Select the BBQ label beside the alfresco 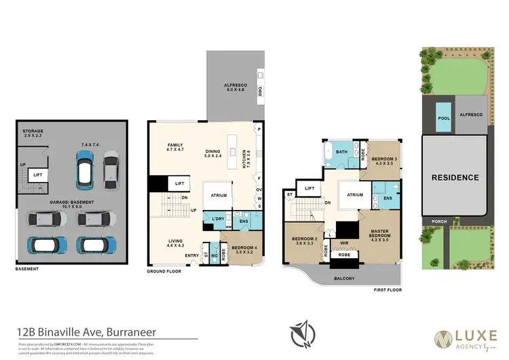[260, 90]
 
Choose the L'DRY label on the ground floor [219, 219]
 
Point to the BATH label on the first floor [341, 151]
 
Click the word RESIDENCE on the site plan [456, 177]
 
